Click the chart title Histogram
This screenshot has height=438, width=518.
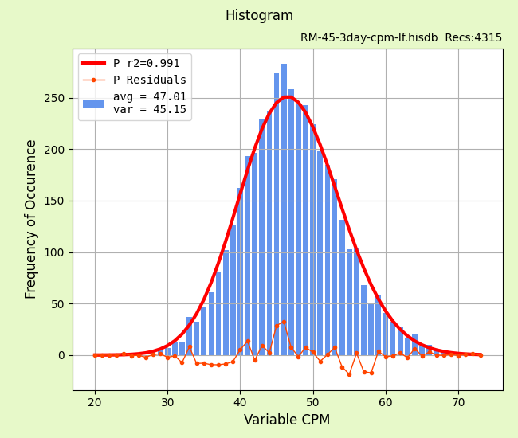(259, 16)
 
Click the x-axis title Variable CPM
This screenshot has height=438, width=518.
(287, 420)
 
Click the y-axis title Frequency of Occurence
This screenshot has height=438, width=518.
(31, 219)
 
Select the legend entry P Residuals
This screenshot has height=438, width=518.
(149, 80)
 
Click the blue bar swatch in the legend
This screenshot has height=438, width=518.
(93, 104)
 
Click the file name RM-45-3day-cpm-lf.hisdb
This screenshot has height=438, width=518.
(367, 38)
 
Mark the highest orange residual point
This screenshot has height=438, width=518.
(284, 322)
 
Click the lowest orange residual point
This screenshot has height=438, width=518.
(349, 374)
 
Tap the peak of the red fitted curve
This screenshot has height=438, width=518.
(287, 97)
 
